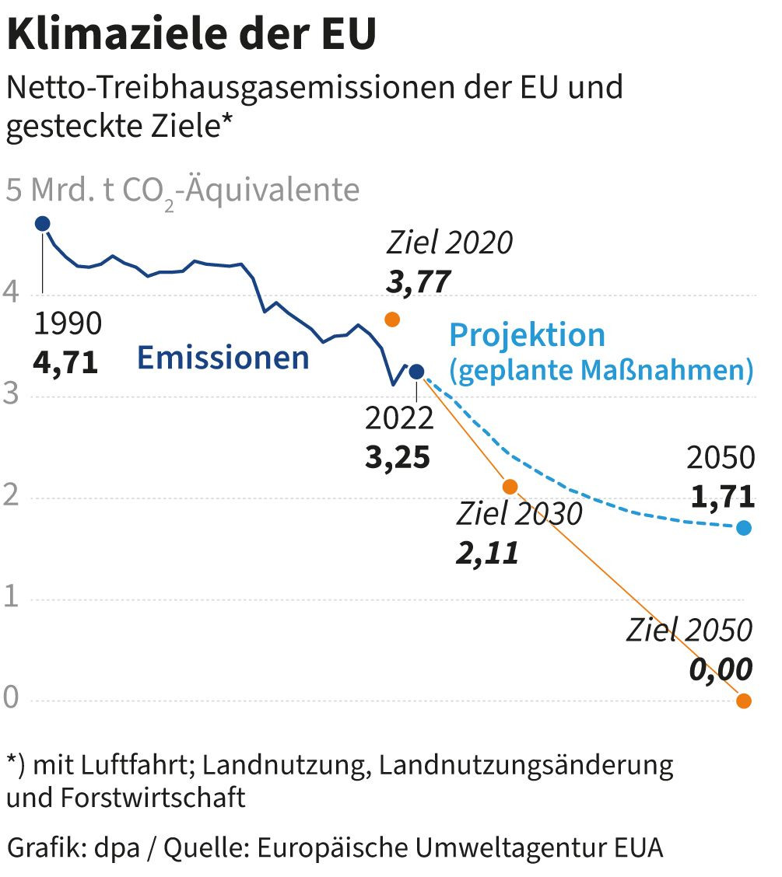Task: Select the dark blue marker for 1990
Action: [x=42, y=224]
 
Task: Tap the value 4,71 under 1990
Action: [x=65, y=362]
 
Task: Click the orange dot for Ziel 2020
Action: [x=392, y=319]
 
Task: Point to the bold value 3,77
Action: [x=419, y=281]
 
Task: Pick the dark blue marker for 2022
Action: [x=416, y=372]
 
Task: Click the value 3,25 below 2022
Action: [x=398, y=457]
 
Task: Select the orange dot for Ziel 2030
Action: [x=510, y=487]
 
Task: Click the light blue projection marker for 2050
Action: [x=744, y=528]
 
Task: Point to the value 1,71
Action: [x=721, y=495]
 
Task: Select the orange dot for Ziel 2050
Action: [x=744, y=701]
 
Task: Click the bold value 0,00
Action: [x=721, y=669]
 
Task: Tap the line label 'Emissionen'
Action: [x=223, y=358]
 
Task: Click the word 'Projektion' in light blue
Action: [x=527, y=335]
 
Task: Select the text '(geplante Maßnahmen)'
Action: [x=601, y=370]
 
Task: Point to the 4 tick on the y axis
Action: [x=11, y=294]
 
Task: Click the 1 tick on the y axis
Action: [x=11, y=599]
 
